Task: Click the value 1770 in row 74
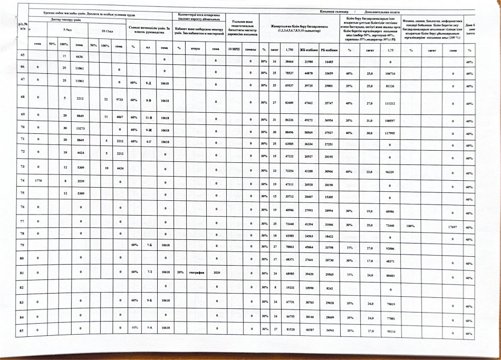tap(37, 180)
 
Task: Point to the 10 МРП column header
tap(233, 48)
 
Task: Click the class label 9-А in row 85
tap(150, 327)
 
